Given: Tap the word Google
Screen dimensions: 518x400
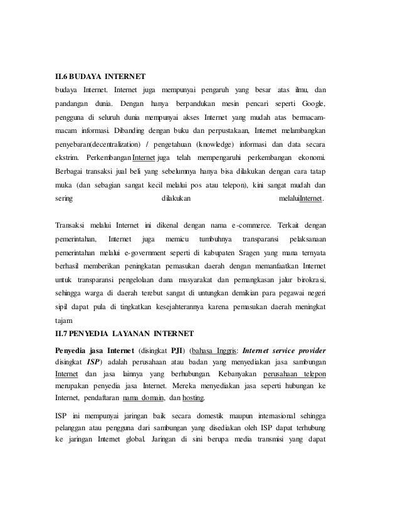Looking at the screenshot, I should coord(313,102).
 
